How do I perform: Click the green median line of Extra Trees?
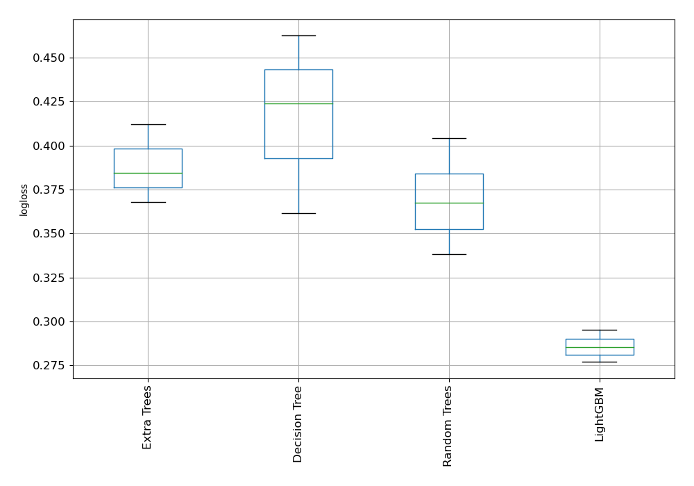[x=148, y=173]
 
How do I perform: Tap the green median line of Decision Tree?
[x=298, y=103]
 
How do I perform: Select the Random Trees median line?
[x=449, y=203]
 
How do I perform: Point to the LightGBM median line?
[x=600, y=347]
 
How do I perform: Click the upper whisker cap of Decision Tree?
[x=298, y=35]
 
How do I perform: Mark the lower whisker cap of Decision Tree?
[x=298, y=213]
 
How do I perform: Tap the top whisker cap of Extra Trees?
[x=148, y=124]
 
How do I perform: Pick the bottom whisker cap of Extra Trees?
[x=148, y=202]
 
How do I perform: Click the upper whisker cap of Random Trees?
[x=449, y=138]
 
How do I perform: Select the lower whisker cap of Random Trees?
[x=449, y=254]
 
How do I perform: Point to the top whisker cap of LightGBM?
[x=600, y=330]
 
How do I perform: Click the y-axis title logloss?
[x=24, y=200]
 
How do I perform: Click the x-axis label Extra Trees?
[x=147, y=417]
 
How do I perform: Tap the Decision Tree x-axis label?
[x=298, y=424]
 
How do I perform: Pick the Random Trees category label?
[x=448, y=426]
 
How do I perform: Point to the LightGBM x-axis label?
[x=600, y=414]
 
